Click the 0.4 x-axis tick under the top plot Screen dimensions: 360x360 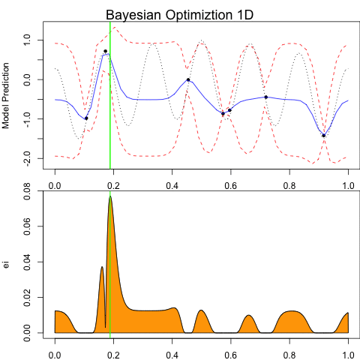pos(172,184)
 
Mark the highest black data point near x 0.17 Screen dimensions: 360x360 pos(105,51)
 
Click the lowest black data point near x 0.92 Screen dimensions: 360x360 pos(323,136)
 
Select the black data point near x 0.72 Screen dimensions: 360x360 pos(266,97)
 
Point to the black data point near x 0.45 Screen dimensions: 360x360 pos(188,79)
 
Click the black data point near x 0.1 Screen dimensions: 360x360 pos(86,118)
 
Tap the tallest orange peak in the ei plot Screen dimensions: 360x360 pos(110,197)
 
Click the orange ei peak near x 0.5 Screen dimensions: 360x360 pos(201,310)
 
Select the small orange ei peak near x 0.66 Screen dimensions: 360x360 pos(248,316)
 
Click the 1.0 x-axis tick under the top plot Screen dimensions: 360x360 pos(348,184)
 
